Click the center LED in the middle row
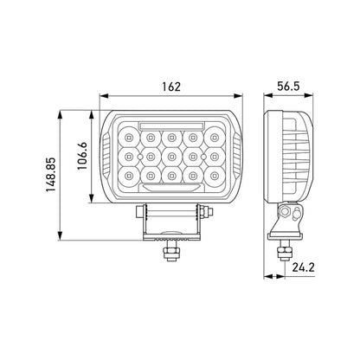(165, 156)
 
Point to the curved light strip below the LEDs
(166, 187)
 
